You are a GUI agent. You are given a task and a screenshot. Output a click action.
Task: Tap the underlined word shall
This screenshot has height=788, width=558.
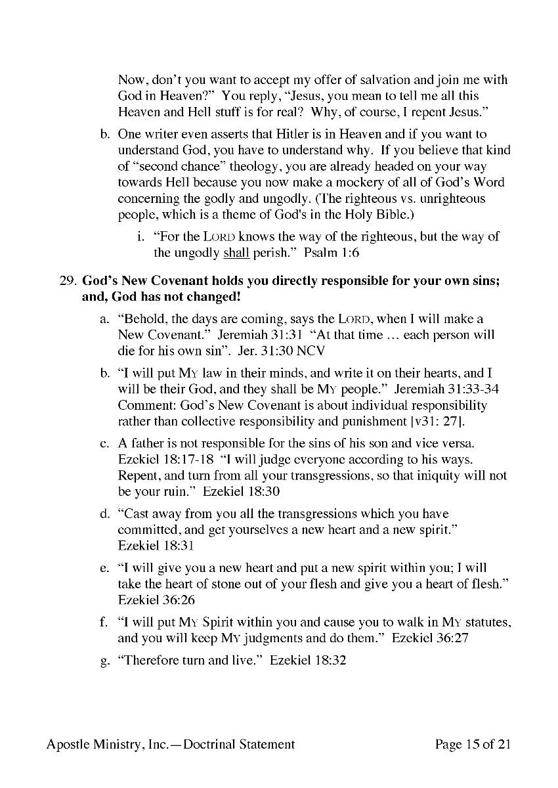236,252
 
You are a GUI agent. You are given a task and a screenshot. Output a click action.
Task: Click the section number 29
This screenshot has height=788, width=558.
68,281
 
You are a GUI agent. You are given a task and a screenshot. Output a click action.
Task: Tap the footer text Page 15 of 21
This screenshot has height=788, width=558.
473,744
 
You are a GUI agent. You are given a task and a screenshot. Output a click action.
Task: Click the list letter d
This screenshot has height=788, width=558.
104,514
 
